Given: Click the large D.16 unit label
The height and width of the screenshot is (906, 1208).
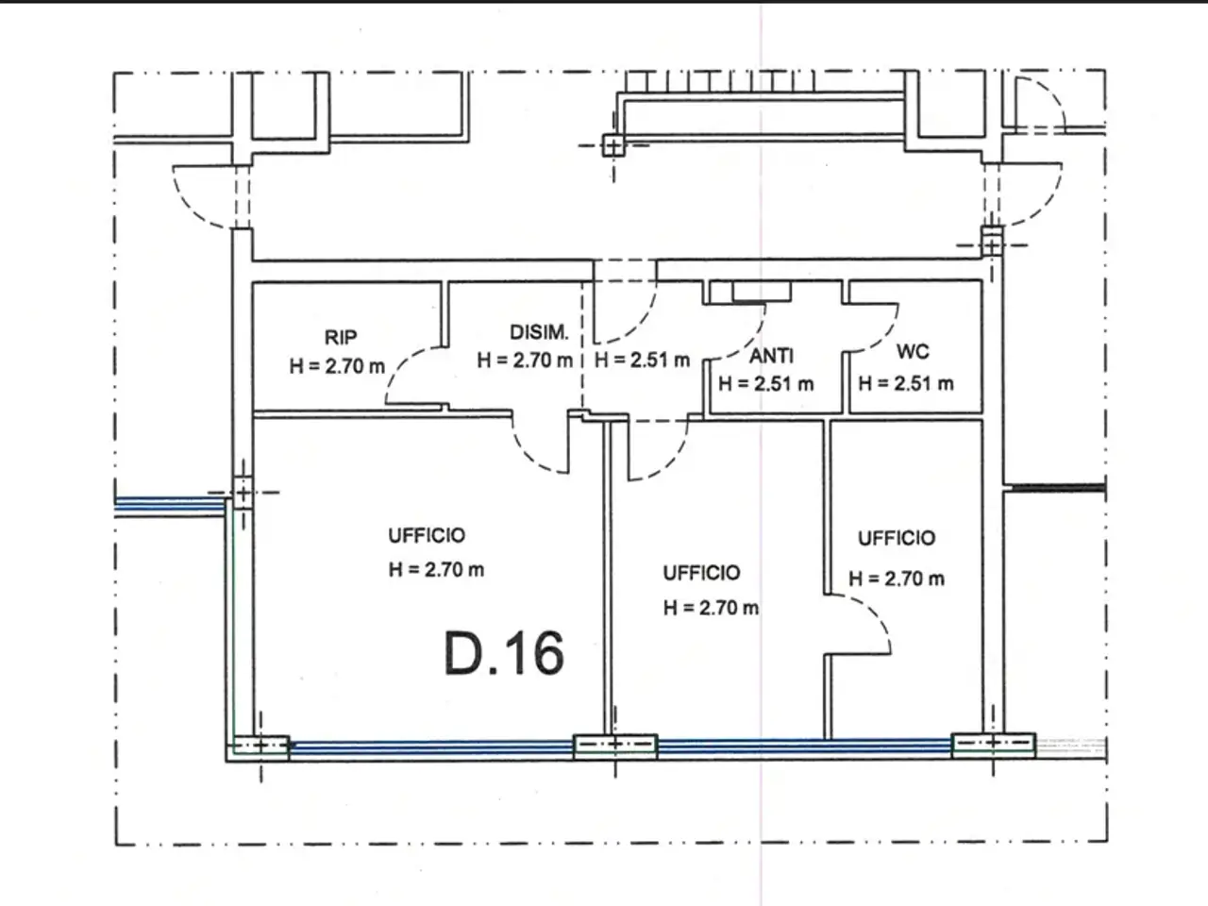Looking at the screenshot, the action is point(504,653).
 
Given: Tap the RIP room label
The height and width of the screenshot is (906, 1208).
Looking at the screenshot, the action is point(341,337).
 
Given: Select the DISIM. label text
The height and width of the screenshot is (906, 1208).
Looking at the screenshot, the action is point(539,331).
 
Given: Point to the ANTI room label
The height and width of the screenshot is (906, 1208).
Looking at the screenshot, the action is point(772,356).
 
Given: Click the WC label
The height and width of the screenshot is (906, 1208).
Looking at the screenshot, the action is point(913,351).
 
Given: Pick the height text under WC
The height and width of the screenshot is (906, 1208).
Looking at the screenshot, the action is point(906,383).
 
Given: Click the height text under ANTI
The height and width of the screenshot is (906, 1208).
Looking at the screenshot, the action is point(766,383).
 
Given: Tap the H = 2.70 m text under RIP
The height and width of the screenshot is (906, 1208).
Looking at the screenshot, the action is point(337,366).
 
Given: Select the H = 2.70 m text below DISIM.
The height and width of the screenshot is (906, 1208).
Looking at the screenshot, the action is point(525,361).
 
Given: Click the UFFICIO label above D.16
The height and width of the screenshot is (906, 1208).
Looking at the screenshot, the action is point(428,535).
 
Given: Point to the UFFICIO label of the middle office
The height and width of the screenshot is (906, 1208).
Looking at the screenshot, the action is point(702,573).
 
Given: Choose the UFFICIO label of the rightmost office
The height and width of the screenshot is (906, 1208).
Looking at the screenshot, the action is point(898,537).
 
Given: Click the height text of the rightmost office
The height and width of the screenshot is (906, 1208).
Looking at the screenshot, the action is point(898,579).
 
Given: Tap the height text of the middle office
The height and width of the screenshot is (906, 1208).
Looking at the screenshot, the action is point(711,607).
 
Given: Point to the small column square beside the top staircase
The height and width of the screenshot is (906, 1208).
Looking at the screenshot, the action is point(613,145).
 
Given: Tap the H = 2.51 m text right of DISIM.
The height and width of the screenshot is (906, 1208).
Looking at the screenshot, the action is point(643,360).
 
